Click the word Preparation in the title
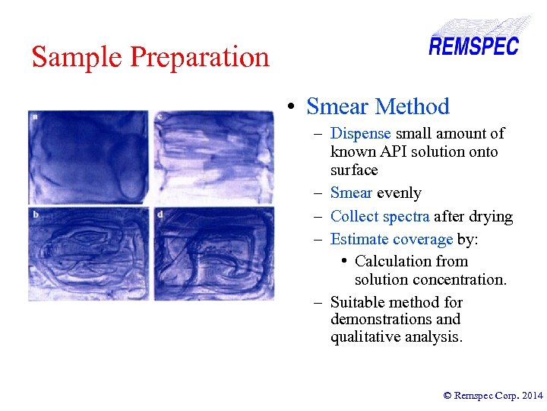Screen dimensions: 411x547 pos(200,58)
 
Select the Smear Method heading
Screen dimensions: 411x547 pos(378,107)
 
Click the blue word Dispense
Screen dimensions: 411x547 pos(360,134)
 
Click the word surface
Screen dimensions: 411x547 pos(353,169)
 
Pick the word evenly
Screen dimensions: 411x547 pos(399,193)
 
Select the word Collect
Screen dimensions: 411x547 pos(354,217)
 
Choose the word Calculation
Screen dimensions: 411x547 pos(411,261)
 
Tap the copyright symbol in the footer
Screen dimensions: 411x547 pos(447,395)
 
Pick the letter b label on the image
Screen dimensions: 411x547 pos(36,215)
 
